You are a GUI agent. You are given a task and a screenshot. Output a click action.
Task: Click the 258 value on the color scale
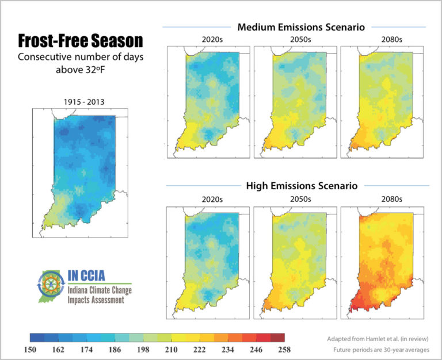[284, 350]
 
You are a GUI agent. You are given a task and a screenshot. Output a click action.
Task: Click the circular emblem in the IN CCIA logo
[51, 284]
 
